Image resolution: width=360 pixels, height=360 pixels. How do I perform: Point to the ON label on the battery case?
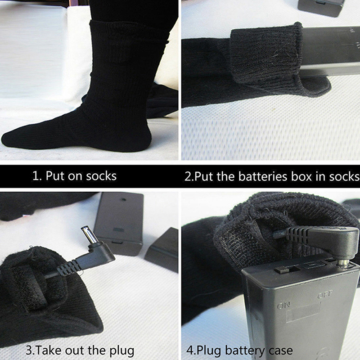pos(283,306)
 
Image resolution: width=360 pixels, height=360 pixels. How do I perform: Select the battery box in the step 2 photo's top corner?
pos(321,8)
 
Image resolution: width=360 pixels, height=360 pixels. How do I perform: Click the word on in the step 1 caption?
pos(75,176)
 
